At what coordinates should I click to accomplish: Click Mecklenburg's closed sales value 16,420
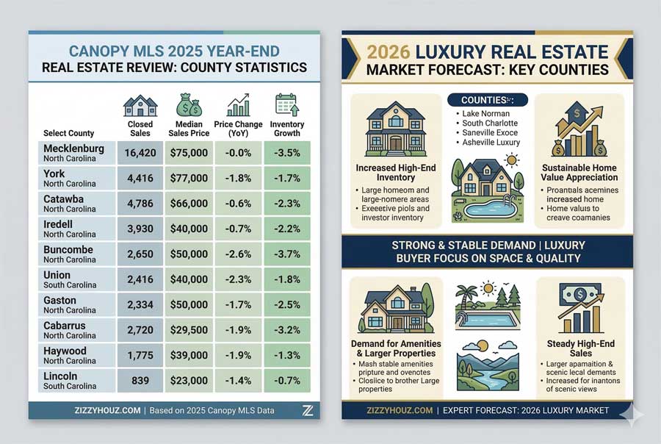click(140, 153)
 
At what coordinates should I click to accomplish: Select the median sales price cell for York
click(189, 178)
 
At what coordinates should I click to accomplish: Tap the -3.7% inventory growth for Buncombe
click(287, 254)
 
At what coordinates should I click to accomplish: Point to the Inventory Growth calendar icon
click(286, 105)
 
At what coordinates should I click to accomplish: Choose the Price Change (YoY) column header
click(238, 129)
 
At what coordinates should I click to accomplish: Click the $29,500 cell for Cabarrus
click(189, 330)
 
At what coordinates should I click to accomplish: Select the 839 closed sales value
click(140, 381)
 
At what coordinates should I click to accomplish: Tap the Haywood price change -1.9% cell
click(238, 355)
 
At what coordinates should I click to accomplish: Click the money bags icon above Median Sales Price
click(189, 105)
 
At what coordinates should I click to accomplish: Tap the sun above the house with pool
click(511, 158)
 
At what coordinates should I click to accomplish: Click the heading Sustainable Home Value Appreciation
click(579, 173)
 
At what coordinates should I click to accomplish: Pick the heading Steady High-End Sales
click(579, 348)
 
